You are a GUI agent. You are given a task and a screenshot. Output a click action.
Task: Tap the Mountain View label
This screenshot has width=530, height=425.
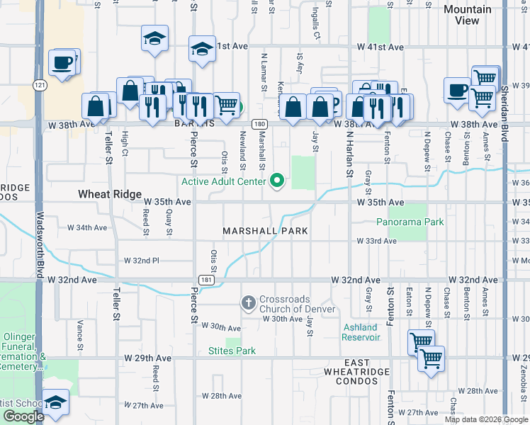click(x=467, y=15)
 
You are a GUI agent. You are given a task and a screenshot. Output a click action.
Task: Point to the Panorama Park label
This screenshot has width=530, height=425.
click(x=410, y=222)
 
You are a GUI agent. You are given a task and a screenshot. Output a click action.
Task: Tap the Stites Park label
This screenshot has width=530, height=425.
click(x=232, y=351)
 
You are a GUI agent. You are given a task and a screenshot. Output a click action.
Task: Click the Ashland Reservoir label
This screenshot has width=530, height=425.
click(x=361, y=331)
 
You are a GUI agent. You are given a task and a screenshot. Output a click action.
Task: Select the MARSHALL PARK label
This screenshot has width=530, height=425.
click(x=265, y=231)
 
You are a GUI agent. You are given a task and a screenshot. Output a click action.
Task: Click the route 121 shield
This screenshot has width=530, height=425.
click(x=40, y=85)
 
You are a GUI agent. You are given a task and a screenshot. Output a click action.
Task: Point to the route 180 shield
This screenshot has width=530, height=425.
click(x=261, y=124)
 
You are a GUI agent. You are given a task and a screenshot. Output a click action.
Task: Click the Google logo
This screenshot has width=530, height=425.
click(x=23, y=416)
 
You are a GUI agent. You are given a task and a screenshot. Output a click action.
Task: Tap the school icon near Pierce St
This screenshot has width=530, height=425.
click(x=202, y=50)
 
